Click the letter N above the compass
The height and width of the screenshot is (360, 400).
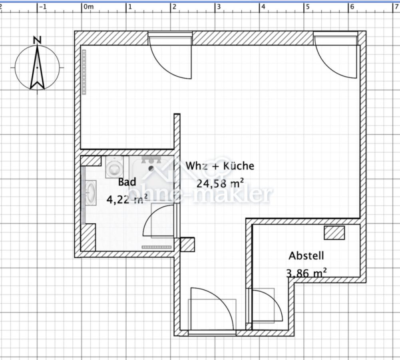point(37,40)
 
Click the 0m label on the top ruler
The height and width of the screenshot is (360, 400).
point(88,7)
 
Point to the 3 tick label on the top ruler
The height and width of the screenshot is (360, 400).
point(219,7)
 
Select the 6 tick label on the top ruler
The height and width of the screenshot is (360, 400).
point(352,7)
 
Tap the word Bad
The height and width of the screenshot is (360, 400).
point(127,182)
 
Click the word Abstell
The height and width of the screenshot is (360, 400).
point(306,255)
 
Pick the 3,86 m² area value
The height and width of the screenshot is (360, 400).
point(306,273)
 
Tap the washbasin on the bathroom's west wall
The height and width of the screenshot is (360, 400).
point(91,192)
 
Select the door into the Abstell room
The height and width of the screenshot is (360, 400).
point(266,306)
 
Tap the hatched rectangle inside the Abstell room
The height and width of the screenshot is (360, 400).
point(334,233)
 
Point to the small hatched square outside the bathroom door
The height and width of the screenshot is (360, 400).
point(187,244)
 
